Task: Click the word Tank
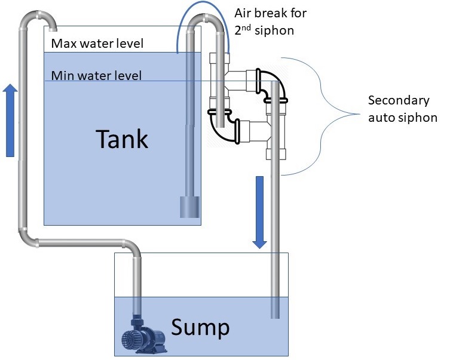[122, 139]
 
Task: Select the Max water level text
[97, 44]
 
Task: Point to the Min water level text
[96, 75]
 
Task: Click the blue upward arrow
[10, 120]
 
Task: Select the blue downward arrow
[259, 212]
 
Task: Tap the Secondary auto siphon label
[402, 109]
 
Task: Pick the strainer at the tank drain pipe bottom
[189, 207]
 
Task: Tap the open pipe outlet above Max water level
[53, 27]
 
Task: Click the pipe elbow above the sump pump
[133, 247]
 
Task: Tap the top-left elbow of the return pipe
[29, 21]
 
